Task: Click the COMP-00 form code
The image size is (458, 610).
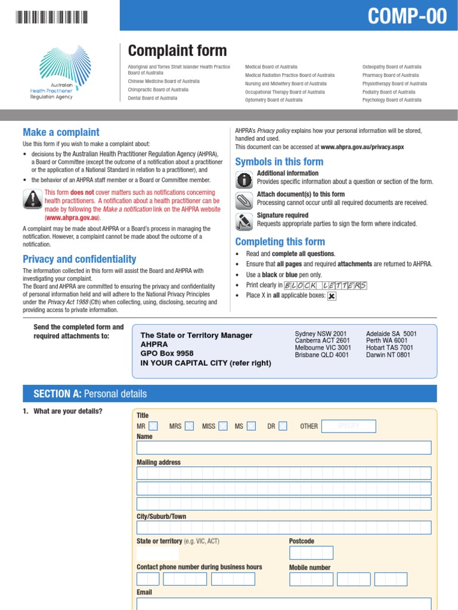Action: [x=407, y=17]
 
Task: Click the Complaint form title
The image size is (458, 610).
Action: [x=177, y=51]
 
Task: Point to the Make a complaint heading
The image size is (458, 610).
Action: [x=61, y=132]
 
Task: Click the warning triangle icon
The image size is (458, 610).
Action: [x=32, y=199]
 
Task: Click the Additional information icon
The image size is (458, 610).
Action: [x=244, y=179]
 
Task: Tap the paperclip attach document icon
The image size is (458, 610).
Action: [x=244, y=200]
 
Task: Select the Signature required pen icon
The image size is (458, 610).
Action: [x=244, y=220]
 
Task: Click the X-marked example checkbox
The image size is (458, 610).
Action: [x=332, y=296]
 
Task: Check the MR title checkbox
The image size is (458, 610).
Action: [x=153, y=426]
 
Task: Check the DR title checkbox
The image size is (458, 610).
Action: [x=283, y=426]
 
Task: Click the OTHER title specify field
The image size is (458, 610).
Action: [x=348, y=426]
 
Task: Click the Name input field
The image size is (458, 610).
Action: [x=283, y=447]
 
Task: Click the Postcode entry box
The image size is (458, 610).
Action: [x=311, y=553]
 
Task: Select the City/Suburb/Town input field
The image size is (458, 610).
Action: [x=283, y=527]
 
